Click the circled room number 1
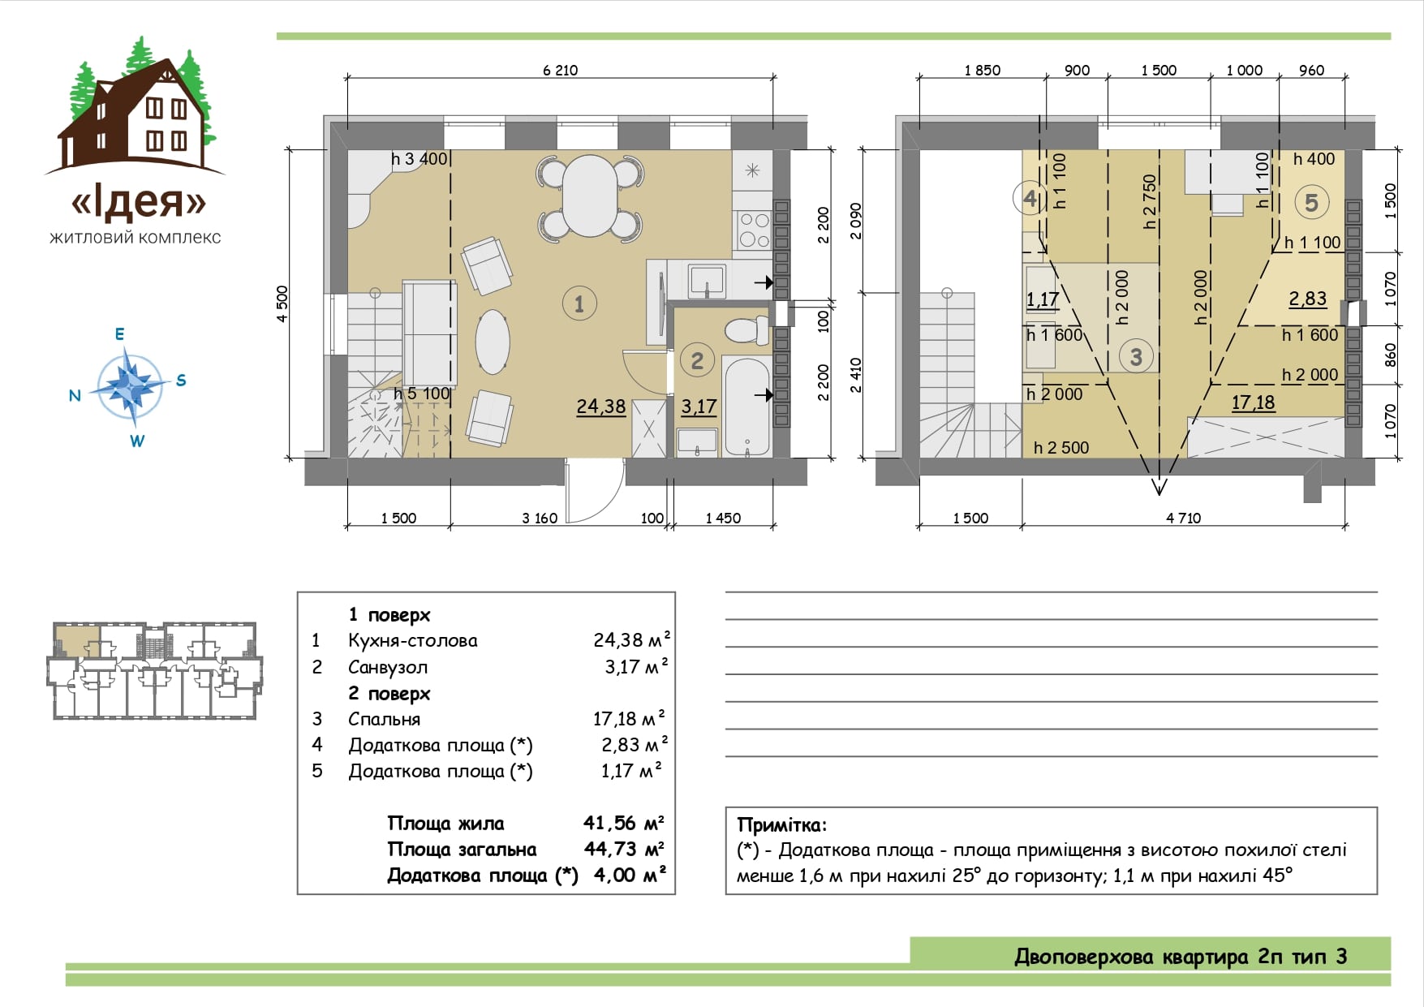point(579,303)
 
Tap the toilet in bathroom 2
point(746,330)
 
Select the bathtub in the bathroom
point(747,407)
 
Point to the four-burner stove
point(754,230)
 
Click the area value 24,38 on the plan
point(601,407)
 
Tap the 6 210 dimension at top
point(560,71)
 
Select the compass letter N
point(75,395)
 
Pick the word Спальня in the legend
point(385,719)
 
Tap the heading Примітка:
point(782,825)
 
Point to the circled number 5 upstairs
point(1311,202)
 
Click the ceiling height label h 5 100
point(421,394)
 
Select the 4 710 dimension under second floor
point(1183,518)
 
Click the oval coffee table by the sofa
point(493,342)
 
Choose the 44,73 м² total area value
point(624,849)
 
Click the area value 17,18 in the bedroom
point(1253,402)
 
